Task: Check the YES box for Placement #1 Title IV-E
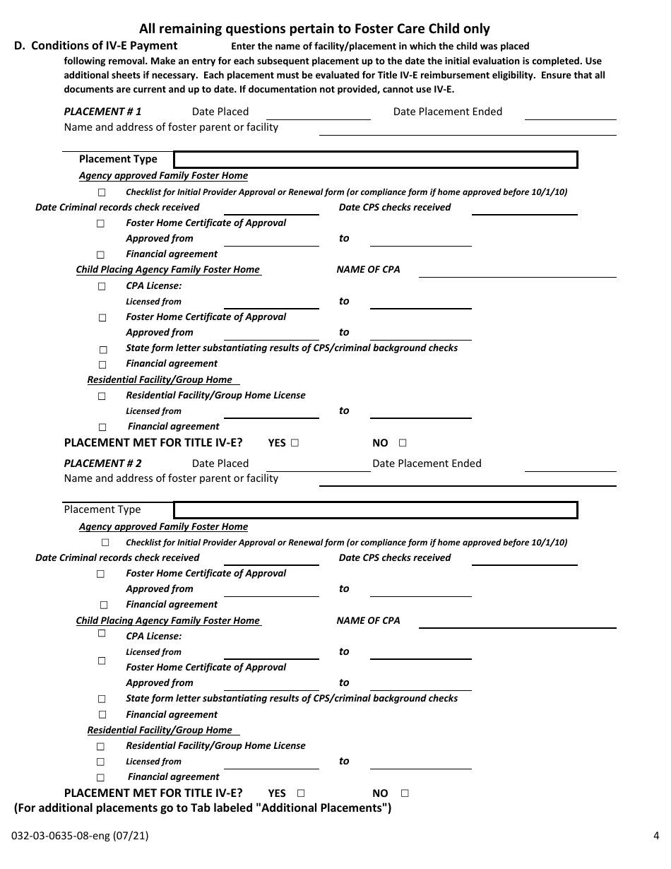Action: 295,443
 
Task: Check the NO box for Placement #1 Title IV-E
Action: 403,443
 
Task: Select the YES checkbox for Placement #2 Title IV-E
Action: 301,793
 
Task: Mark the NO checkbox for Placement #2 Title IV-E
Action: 405,793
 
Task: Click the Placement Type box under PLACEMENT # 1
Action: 375,160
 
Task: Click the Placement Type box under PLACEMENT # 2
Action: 375,510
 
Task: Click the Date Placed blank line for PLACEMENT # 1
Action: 318,113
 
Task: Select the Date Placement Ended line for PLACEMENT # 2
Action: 571,465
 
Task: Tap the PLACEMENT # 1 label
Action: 102,112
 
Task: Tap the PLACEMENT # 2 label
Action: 102,463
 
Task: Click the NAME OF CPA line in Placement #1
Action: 517,271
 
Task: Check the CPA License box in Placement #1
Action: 102,287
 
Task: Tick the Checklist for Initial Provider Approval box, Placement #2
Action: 105,543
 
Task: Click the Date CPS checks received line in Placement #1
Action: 524,209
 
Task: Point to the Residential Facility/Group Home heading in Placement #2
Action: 160,730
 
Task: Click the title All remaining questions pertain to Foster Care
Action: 314,29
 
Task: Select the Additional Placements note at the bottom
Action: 203,808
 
